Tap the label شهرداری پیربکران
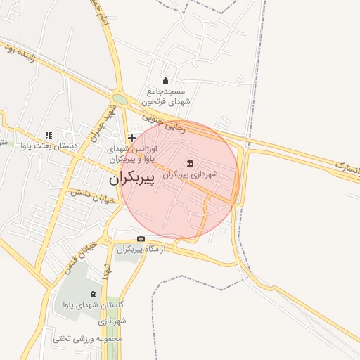coord(190,174)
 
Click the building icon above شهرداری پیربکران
coord(191,163)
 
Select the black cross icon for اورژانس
coord(131,138)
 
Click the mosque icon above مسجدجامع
coord(165,80)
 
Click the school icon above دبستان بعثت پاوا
coord(48,135)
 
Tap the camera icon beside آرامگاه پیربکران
coord(141,239)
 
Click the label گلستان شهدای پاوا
coord(94,305)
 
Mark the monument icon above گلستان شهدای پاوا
coord(94,294)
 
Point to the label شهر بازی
coord(112,321)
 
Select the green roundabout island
coord(120,100)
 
